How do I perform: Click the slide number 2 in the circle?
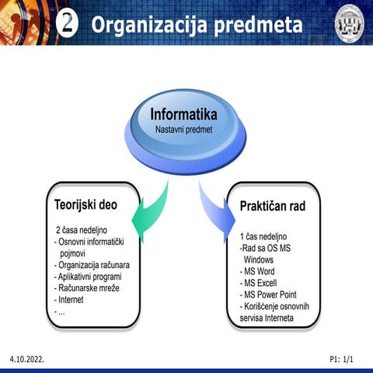pos(68,23)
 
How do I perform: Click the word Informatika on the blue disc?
pos(183,115)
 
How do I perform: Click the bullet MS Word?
pos(258,272)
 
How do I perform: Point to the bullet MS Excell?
pos(260,284)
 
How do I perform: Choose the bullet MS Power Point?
pos(271,295)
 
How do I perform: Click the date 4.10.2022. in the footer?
pos(27,361)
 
